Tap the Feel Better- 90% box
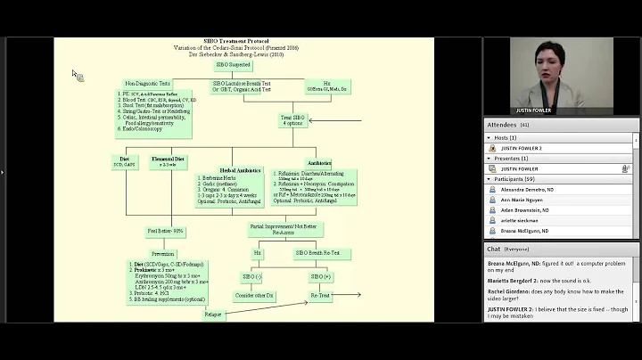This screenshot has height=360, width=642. click(166, 231)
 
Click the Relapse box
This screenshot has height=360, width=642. click(212, 314)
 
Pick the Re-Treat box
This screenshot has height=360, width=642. click(320, 294)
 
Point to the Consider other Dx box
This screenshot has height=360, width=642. click(251, 294)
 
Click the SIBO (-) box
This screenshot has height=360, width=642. click(252, 276)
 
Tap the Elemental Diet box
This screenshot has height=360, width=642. click(168, 160)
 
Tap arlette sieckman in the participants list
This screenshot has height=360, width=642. click(520, 220)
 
